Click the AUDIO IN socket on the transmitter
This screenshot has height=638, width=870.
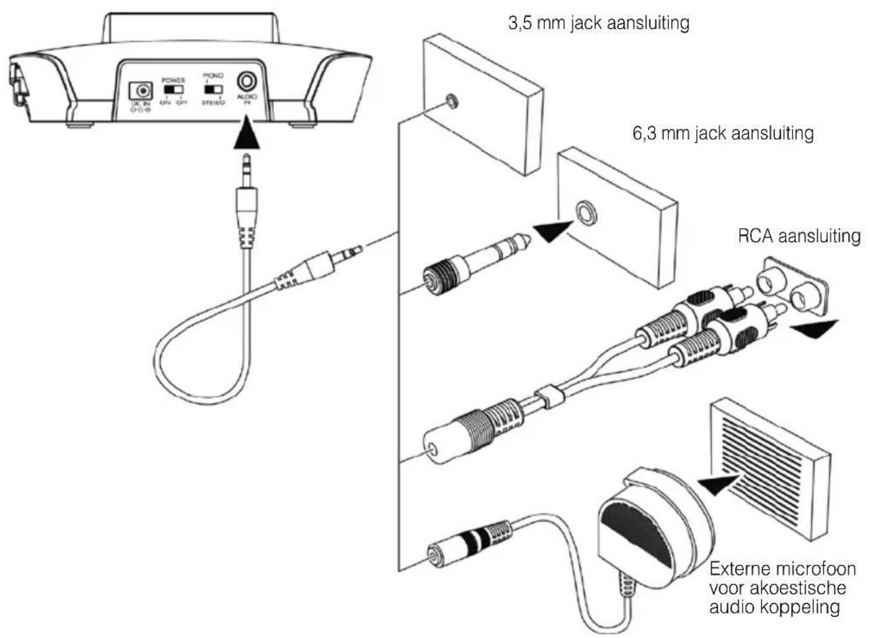[247, 81]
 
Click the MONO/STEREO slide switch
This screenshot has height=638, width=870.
[213, 89]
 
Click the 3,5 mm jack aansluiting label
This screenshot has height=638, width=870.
[599, 23]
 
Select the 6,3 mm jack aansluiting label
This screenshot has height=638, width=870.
[722, 133]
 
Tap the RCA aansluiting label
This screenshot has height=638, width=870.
[799, 235]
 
